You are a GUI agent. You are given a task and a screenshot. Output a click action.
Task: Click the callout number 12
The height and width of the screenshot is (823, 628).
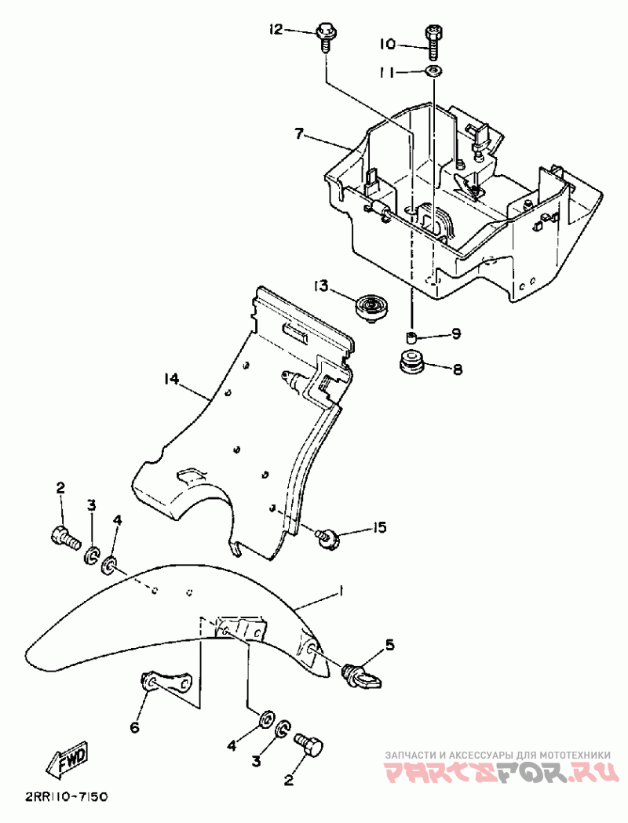[275, 30]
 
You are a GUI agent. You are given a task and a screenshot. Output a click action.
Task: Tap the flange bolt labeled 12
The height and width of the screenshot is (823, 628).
[325, 36]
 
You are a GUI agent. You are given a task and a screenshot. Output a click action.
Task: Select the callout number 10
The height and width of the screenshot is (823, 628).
[388, 45]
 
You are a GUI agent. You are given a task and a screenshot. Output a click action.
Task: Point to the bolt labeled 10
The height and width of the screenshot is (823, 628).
[433, 42]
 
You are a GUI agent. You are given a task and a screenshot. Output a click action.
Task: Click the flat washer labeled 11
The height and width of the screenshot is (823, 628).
[433, 72]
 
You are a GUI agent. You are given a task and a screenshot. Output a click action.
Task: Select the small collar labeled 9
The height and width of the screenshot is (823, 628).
[410, 338]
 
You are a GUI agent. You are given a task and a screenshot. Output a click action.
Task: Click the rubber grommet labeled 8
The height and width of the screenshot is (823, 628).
[411, 363]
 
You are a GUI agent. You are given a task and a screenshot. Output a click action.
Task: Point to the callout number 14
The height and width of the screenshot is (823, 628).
[171, 380]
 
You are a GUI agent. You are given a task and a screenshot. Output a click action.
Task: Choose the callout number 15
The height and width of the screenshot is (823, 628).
[379, 527]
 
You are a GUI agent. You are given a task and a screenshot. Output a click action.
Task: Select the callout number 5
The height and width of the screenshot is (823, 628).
[390, 646]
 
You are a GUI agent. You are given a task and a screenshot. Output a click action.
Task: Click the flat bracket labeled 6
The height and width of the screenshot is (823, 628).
[168, 682]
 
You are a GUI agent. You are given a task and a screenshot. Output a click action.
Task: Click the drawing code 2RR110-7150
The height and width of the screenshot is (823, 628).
[66, 797]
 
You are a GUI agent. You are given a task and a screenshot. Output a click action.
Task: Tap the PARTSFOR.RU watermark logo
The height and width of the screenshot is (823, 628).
[496, 773]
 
